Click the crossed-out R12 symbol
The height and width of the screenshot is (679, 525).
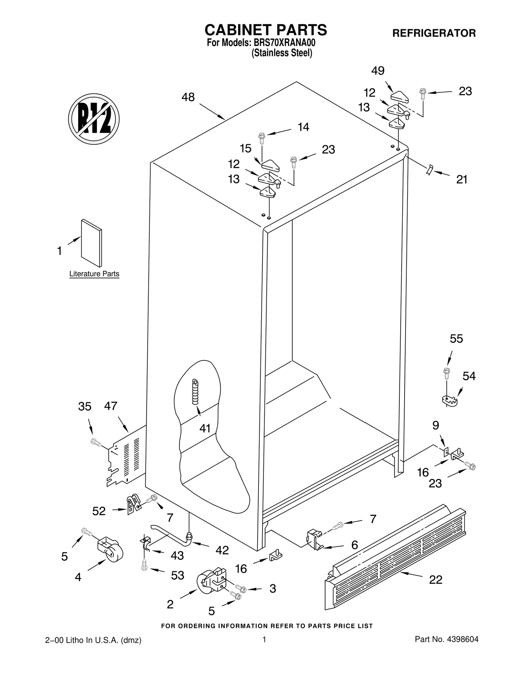tap(94, 119)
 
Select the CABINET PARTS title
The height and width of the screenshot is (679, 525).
tap(265, 30)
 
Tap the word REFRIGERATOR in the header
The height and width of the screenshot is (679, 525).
tap(434, 33)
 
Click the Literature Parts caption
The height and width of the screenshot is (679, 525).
tap(94, 274)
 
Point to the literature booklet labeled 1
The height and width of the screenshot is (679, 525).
tap(92, 243)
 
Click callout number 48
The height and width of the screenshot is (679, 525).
tap(188, 97)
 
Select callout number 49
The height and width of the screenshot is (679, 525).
tap(378, 70)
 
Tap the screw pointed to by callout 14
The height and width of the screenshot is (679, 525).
tap(262, 138)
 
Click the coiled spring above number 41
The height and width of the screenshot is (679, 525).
tap(196, 392)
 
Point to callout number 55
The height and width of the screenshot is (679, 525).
tap(456, 339)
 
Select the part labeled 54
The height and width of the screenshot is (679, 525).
tap(449, 400)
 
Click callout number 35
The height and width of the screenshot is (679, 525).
tap(85, 407)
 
